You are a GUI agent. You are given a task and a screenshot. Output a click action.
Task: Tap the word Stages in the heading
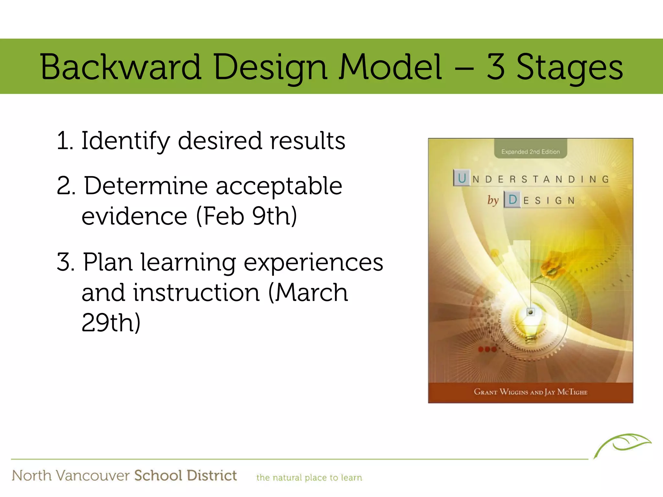click(570, 67)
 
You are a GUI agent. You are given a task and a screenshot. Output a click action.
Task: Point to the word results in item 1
click(308, 141)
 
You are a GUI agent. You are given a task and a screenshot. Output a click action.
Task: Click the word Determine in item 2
click(146, 186)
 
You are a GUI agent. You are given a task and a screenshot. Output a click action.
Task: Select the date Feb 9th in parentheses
click(246, 216)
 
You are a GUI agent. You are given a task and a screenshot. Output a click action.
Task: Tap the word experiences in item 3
click(313, 263)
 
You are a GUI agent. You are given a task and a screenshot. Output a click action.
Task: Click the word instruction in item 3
click(197, 293)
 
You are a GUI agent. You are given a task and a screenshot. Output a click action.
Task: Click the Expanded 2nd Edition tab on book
click(530, 151)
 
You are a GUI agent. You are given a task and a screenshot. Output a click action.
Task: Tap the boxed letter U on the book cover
click(462, 178)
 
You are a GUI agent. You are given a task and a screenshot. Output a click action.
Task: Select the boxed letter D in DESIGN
click(512, 200)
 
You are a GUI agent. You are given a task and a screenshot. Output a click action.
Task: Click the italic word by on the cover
click(493, 200)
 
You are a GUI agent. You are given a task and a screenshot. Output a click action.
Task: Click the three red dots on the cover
click(487, 349)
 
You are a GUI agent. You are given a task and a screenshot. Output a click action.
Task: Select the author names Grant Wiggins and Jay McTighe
click(530, 392)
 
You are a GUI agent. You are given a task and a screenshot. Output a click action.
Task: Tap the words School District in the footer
click(185, 476)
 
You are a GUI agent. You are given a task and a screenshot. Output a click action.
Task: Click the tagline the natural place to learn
click(309, 478)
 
